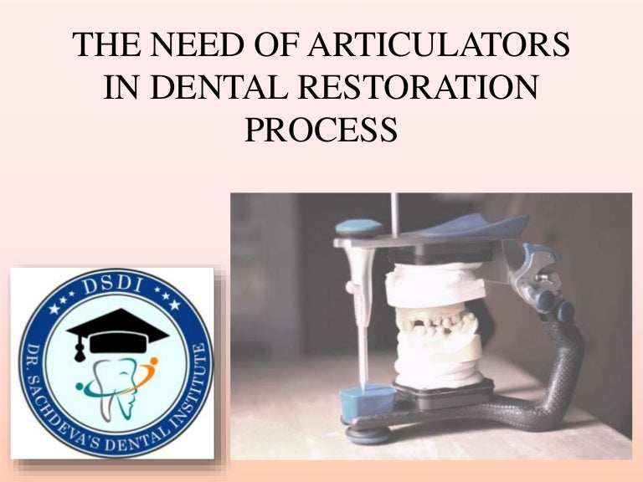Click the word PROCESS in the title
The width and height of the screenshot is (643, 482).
(321, 130)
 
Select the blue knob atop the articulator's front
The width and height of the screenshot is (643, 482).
(362, 228)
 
